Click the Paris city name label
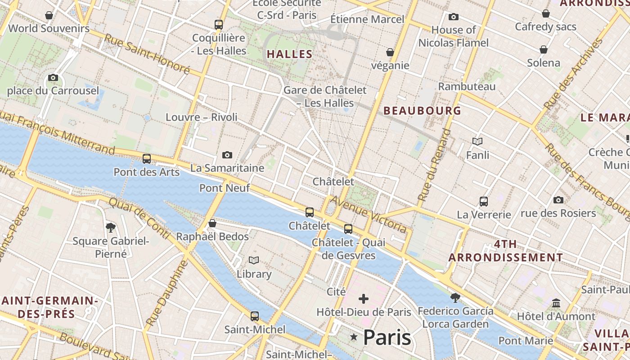[x=387, y=337]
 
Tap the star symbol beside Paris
[x=354, y=337]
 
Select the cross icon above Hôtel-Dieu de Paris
[x=364, y=299]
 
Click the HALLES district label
[x=290, y=54]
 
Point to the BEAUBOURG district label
[x=422, y=111]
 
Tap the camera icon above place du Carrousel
[x=53, y=77]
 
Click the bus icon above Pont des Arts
[x=147, y=159]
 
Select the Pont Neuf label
[x=225, y=188]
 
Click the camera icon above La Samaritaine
[x=227, y=155]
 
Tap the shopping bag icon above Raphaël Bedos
[x=212, y=224]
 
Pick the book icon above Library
[x=254, y=261]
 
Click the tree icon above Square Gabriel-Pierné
[x=111, y=228]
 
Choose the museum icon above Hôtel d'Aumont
[x=556, y=303]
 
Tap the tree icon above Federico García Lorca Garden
[x=455, y=297]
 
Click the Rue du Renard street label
[x=434, y=165]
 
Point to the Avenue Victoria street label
[x=369, y=214]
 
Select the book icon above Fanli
[x=477, y=142]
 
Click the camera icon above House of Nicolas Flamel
[x=454, y=17]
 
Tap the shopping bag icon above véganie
[x=390, y=52]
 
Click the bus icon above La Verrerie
[x=484, y=202]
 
